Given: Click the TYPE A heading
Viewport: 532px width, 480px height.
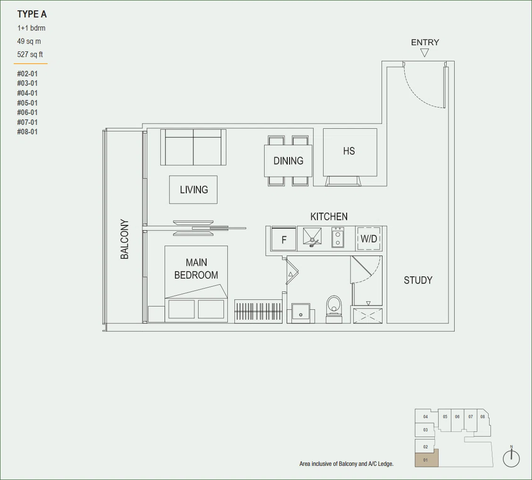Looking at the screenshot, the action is point(32,14).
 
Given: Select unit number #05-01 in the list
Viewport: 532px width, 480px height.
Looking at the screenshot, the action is point(27,103).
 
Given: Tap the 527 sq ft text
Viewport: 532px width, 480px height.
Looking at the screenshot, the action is point(30,54).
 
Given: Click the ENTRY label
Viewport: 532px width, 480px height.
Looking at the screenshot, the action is point(425,42).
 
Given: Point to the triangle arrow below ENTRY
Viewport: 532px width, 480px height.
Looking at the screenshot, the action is point(424,53).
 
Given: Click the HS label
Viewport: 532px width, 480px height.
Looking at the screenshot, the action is point(349,151).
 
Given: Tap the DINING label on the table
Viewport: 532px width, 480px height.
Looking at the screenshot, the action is point(288,161).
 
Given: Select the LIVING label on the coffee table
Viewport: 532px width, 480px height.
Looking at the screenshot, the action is point(194,190).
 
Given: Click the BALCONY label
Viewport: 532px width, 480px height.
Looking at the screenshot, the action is point(125,239).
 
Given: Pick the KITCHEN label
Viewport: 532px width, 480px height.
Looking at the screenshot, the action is point(329,216).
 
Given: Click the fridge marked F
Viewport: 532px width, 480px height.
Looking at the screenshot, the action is point(284,239).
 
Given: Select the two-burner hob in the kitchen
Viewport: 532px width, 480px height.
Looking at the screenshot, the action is point(338,238).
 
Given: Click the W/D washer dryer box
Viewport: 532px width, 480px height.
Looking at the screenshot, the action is point(369,239).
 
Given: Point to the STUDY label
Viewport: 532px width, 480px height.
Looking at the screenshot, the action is point(418,280).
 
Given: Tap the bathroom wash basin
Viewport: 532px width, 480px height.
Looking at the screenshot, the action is point(300,313).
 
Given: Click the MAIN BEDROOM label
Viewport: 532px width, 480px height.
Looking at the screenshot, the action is point(196,269).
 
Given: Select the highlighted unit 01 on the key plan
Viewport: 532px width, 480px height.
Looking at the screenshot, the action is point(426,458).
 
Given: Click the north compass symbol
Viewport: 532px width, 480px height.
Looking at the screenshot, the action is point(511,458).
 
